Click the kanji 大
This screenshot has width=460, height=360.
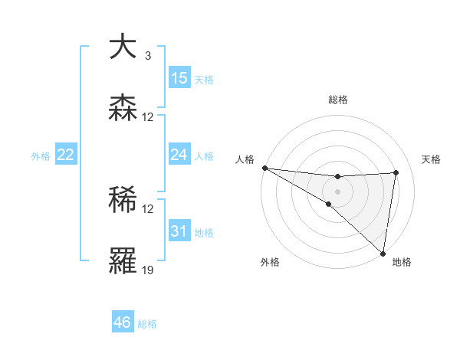tap(123, 47)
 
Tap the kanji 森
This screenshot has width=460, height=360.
tap(123, 108)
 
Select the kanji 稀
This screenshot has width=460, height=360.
tap(123, 200)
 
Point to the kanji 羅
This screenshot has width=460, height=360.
tap(123, 260)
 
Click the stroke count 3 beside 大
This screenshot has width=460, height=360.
tap(147, 56)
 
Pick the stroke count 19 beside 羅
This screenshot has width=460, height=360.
tap(148, 270)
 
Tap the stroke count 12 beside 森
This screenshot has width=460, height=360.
tap(148, 117)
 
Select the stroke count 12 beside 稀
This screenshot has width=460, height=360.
tap(148, 209)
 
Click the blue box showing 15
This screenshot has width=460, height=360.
tap(179, 77)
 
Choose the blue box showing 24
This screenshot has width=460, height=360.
tap(179, 155)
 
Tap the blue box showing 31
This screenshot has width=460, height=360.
tap(179, 231)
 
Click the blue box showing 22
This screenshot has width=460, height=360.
tap(65, 155)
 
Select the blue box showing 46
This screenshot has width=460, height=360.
tap(122, 322)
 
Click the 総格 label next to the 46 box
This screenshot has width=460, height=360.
tap(147, 324)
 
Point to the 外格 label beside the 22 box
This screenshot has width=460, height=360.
tap(41, 155)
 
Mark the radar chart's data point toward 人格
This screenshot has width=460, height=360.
tap(264, 167)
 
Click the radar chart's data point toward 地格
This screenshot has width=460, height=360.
tap(383, 253)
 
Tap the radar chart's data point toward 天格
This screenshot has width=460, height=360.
tap(396, 172)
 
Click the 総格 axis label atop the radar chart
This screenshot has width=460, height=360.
tap(337, 100)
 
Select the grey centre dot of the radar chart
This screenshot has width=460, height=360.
tap(337, 191)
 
